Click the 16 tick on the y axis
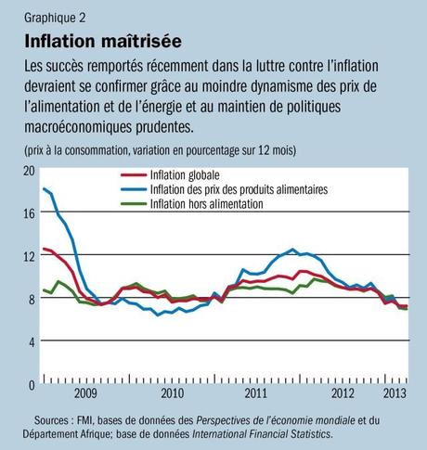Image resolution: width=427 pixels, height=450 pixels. coord(27,213)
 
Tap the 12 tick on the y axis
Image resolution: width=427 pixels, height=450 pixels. coord(27,256)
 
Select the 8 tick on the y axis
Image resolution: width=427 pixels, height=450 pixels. coord(29,299)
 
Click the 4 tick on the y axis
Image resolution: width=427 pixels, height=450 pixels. coord(29,341)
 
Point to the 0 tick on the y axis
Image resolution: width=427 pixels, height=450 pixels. coord(29,384)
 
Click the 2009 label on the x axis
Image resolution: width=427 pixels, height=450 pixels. coord(85,393)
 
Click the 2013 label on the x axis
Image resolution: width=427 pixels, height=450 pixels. coord(396,393)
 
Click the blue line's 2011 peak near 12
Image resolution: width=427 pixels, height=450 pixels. coord(292,250)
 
